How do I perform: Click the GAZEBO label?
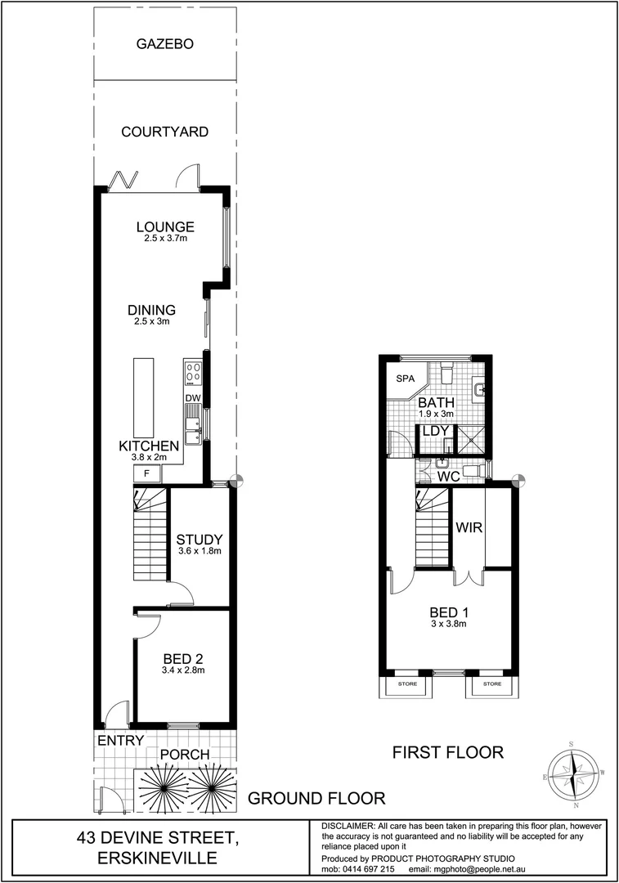click(164, 44)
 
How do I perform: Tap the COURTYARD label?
click(164, 132)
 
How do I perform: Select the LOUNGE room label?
click(165, 226)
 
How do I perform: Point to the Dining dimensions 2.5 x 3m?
click(151, 322)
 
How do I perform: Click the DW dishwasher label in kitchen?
click(193, 399)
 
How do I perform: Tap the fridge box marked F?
click(146, 473)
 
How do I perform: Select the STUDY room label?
click(200, 539)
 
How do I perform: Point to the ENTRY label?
click(121, 740)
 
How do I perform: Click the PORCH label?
click(184, 754)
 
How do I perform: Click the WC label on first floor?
click(448, 475)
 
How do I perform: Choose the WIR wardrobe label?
click(469, 527)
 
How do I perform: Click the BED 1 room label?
click(448, 611)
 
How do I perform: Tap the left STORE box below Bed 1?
click(406, 684)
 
